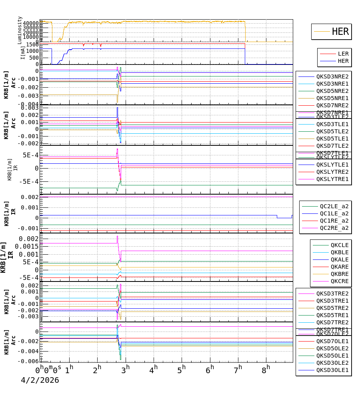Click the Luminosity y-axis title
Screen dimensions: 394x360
20,30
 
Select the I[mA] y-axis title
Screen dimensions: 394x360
23,52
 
